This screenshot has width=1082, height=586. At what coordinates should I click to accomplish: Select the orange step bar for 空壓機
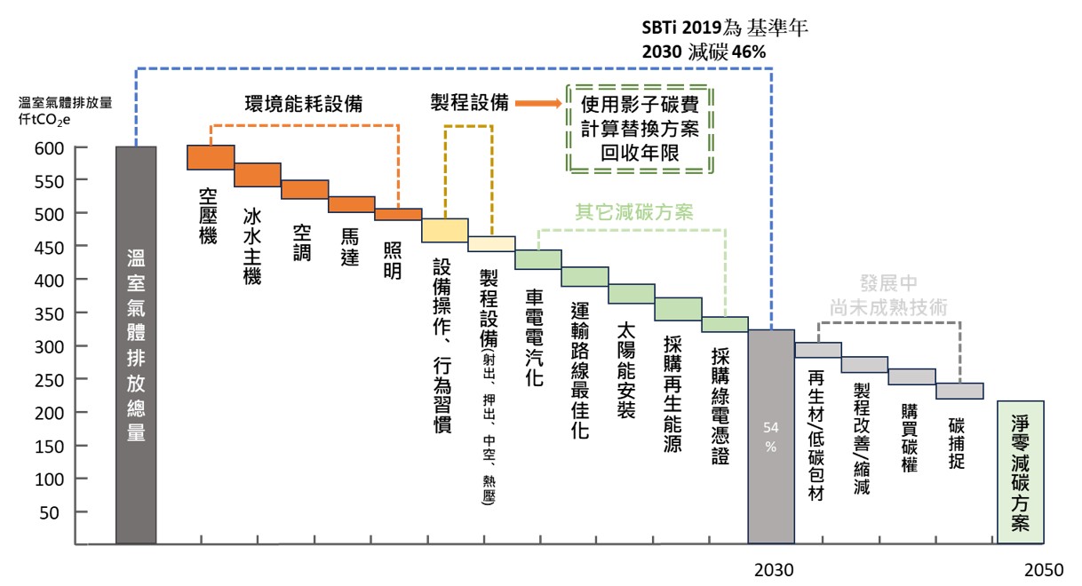tap(211, 157)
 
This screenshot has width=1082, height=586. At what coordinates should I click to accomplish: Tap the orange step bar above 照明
tap(398, 214)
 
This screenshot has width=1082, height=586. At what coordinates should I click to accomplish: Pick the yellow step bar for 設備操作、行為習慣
tap(445, 230)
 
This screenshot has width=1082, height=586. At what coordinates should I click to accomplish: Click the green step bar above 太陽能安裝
tap(632, 294)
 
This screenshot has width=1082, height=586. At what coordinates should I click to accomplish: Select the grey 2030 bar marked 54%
tap(770, 435)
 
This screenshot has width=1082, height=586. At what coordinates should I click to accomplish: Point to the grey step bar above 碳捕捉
tap(959, 391)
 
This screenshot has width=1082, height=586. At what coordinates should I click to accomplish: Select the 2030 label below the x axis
tap(773, 569)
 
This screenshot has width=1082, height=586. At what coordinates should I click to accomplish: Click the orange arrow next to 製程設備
tap(537, 103)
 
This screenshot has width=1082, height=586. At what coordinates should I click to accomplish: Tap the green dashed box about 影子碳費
tap(640, 129)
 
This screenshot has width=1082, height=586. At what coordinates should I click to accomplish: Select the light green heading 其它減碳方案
tap(633, 212)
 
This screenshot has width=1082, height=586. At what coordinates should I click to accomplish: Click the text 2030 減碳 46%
tap(704, 51)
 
